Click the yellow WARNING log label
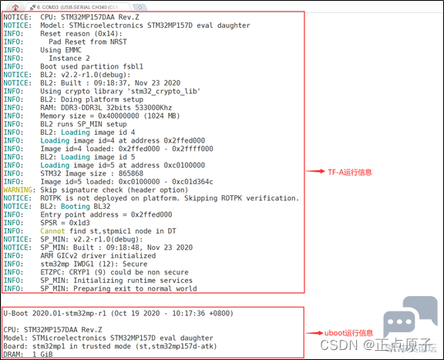click(x=18, y=190)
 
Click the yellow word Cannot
click(x=52, y=230)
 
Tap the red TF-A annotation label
click(x=350, y=172)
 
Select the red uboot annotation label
click(x=348, y=333)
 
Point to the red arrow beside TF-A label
click(x=315, y=171)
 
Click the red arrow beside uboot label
click(x=314, y=333)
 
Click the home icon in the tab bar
click(x=15, y=7)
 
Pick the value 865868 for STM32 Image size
click(x=131, y=173)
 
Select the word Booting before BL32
click(x=76, y=206)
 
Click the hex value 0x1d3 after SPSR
click(x=79, y=223)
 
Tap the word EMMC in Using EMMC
click(x=73, y=50)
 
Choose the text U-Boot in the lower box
click(x=15, y=313)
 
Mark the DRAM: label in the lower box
click(x=13, y=355)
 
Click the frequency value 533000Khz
click(x=153, y=108)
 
